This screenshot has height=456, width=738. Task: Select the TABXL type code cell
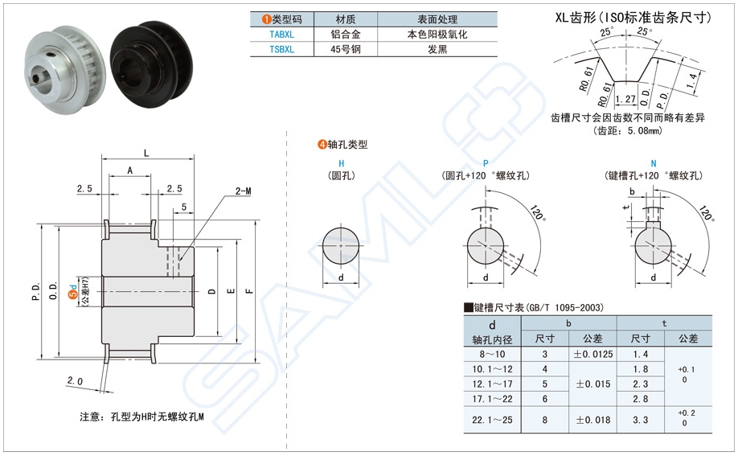tap(281, 35)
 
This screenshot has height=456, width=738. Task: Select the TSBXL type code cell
tap(281, 49)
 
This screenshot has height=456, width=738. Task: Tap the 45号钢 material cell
tap(346, 49)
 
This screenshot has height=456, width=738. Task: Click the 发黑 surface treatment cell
tap(437, 49)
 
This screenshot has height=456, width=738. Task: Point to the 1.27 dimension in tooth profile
tap(625, 100)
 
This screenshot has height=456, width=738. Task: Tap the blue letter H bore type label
tap(342, 162)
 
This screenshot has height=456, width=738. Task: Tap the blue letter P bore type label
tap(485, 162)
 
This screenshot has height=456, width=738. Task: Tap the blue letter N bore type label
tap(654, 162)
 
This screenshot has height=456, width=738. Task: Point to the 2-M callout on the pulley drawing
tap(244, 191)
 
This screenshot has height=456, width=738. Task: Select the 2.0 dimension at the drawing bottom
tap(75, 380)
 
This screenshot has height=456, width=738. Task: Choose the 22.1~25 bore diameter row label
tap(493, 419)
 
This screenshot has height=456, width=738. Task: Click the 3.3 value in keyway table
tap(641, 419)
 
